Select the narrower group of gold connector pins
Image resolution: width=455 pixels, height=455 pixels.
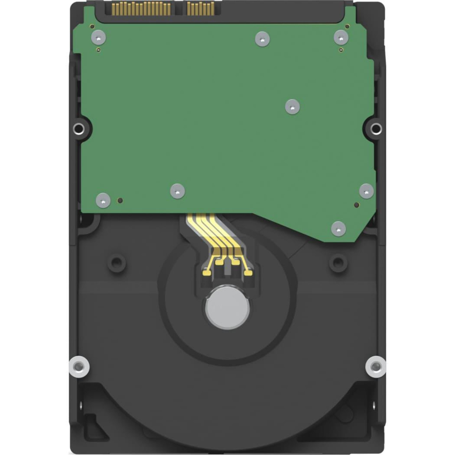pos(199,9)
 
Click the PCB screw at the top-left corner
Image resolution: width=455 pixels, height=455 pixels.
pos(98,37)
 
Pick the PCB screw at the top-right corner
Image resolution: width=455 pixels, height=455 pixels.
pos(341,37)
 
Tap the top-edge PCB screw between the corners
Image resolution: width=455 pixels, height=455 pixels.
pos(263,39)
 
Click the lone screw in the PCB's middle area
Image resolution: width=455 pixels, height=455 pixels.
pos(292,107)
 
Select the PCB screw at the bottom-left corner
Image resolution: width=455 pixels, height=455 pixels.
pos(103,200)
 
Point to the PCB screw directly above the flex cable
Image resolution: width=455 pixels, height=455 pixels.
pos(177,191)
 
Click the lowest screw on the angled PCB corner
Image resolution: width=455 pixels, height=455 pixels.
pos(338,228)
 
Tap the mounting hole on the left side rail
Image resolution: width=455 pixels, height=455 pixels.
pos(79,129)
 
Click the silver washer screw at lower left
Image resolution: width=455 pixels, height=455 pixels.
pos(79,367)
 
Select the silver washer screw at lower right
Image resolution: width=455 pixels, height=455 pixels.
pos(376,366)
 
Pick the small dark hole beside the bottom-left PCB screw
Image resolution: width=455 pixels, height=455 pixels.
pos(120,201)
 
